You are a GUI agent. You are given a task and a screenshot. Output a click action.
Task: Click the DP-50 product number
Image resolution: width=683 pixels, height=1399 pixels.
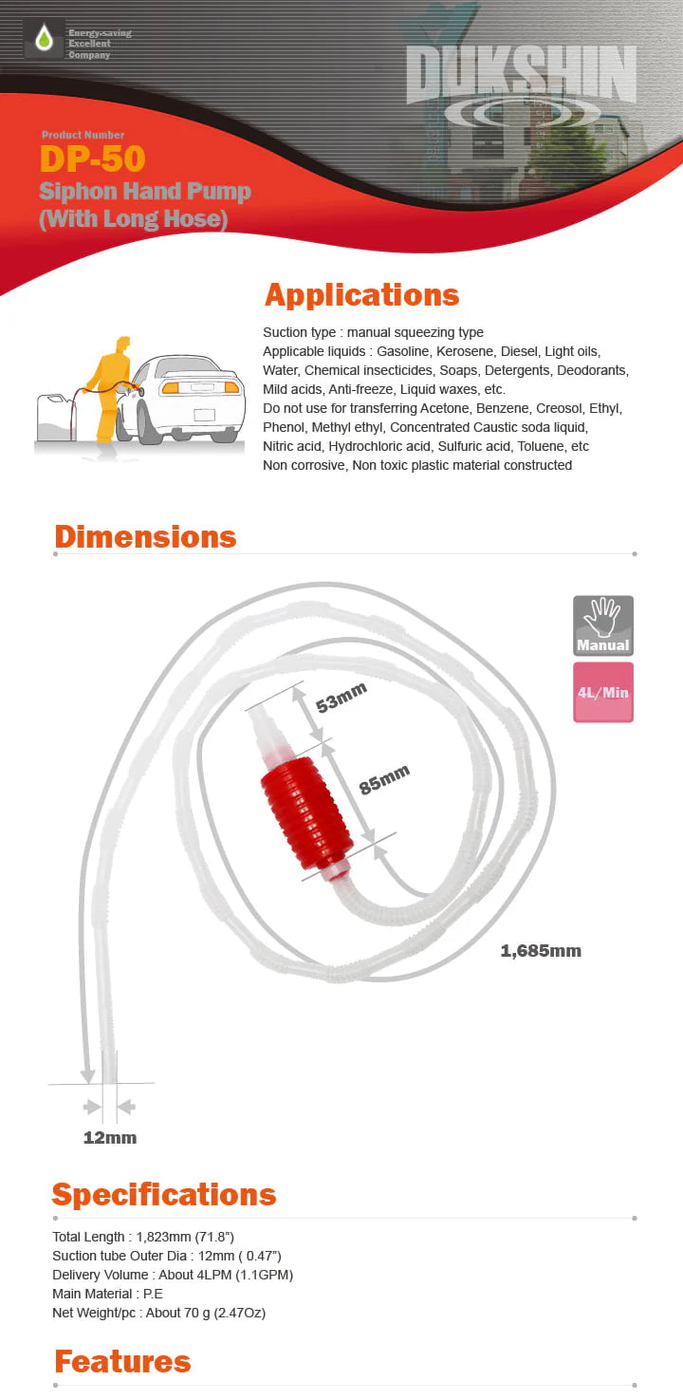92,159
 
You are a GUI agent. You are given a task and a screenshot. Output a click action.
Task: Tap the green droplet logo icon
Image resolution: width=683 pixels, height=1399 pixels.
44,39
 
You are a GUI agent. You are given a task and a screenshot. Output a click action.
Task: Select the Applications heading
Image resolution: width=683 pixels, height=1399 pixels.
361,294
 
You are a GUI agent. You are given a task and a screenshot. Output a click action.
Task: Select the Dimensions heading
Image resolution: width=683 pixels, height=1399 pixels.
145,536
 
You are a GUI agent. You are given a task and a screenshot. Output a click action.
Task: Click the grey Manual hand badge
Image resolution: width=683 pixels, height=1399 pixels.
602,625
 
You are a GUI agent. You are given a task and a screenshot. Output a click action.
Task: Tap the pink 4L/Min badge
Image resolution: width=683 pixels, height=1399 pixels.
602,692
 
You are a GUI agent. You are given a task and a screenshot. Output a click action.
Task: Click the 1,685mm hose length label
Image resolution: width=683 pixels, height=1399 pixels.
541,950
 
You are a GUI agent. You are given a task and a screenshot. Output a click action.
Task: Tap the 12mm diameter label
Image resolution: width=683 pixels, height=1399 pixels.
110,1137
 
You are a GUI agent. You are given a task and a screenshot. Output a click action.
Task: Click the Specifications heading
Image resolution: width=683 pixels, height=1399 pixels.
164,1194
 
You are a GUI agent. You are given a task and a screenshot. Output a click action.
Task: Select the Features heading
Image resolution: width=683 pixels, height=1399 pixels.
122,1362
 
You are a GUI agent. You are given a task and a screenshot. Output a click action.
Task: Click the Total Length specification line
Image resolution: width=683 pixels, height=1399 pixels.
143,1237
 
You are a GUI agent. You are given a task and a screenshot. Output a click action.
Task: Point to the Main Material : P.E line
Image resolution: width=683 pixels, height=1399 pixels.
107,1294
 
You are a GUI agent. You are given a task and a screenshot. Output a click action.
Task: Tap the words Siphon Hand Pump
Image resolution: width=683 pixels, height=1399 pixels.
145,192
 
